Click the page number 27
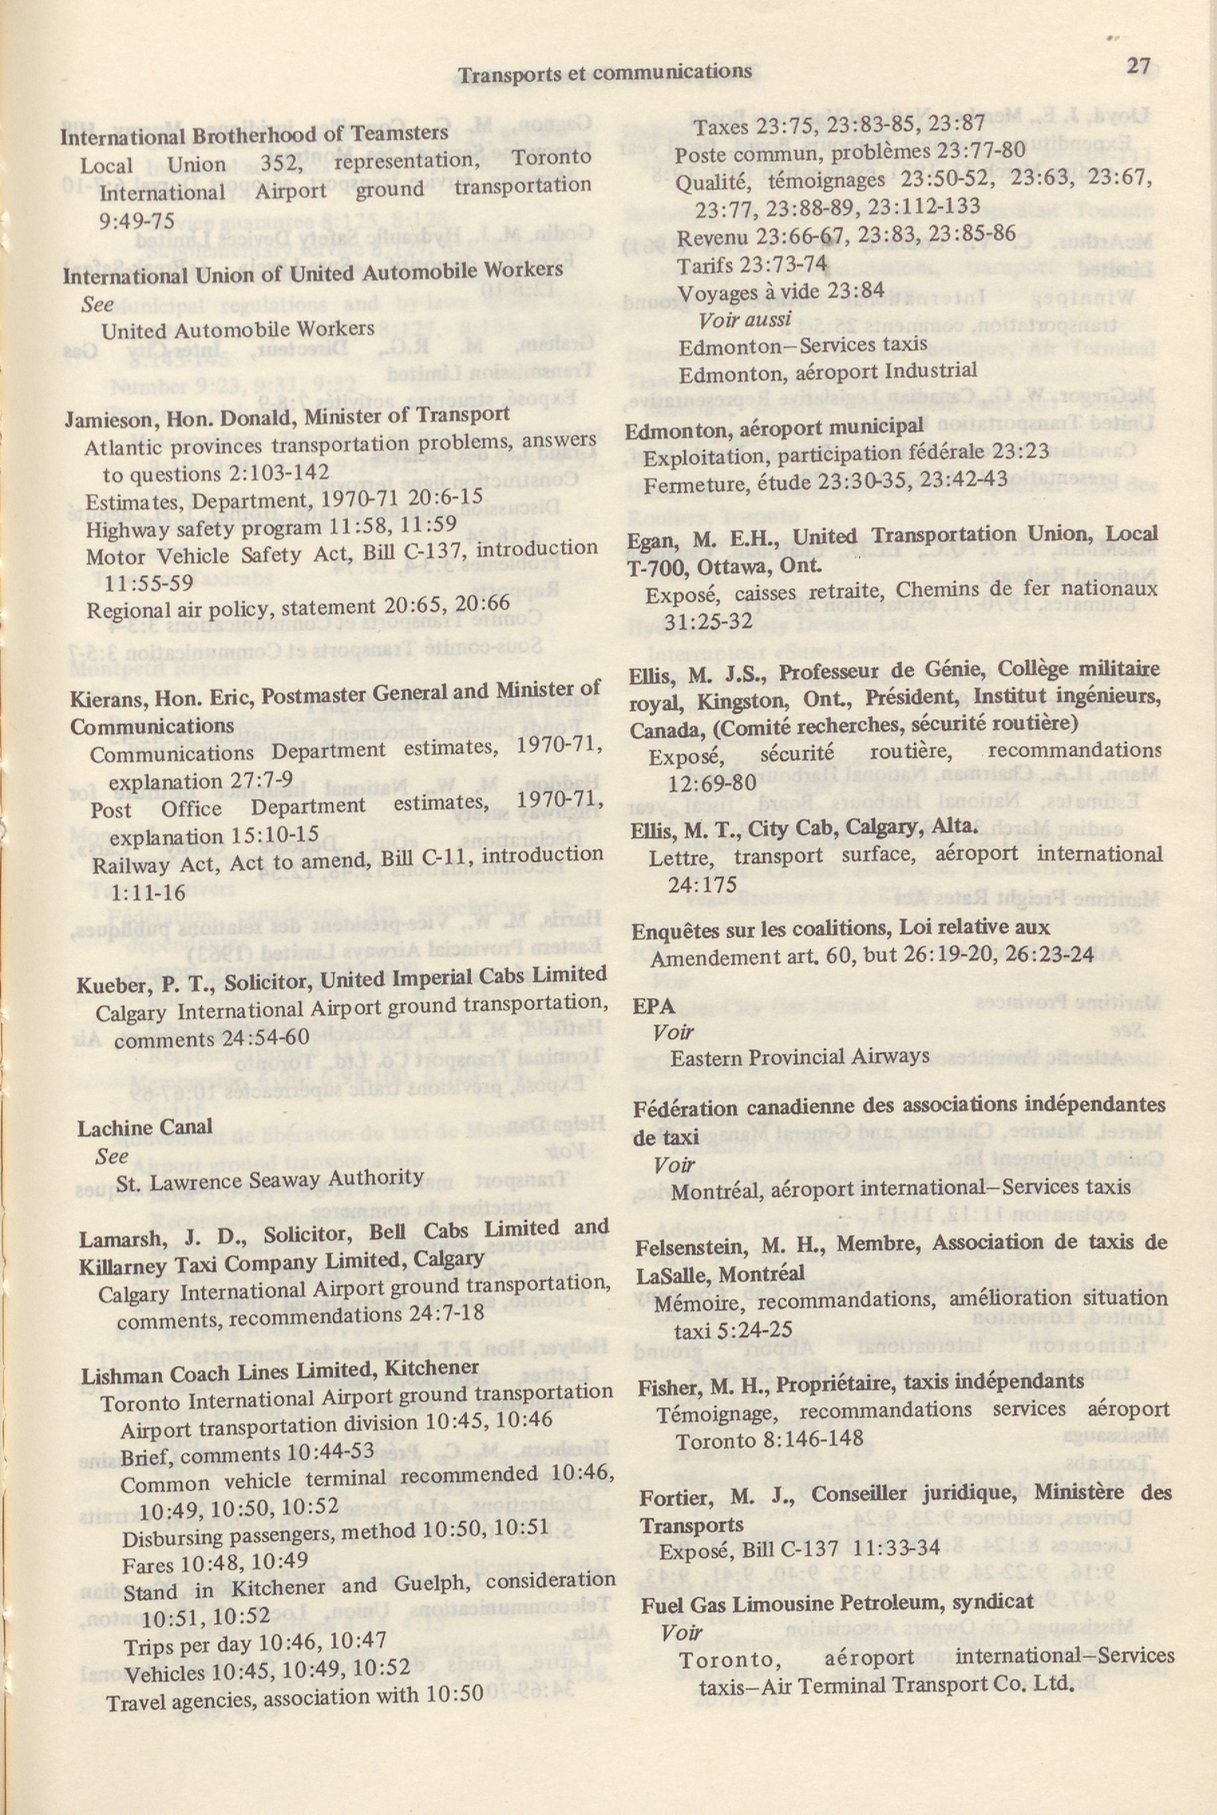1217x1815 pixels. click(1139, 66)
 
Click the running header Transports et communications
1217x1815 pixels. click(605, 73)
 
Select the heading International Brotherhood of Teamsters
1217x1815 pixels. click(255, 135)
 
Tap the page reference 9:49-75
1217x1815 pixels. click(136, 222)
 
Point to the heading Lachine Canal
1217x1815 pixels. click(145, 1127)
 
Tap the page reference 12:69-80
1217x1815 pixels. click(712, 782)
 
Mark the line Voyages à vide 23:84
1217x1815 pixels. click(781, 292)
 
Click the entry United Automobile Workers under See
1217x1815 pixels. click(237, 330)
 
